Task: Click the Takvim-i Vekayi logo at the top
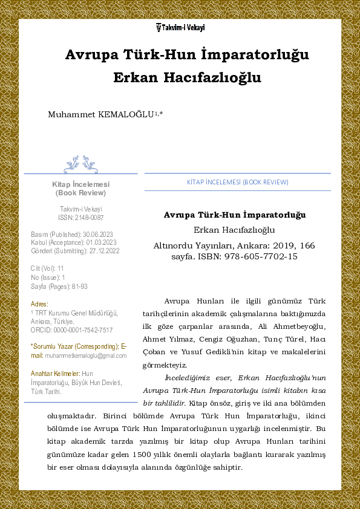click(x=180, y=27)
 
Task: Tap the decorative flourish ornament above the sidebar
click(x=80, y=164)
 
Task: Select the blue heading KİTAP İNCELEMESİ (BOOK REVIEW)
click(x=237, y=182)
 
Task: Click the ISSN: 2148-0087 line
click(x=80, y=217)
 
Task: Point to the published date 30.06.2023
click(x=97, y=234)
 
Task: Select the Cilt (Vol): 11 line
click(x=47, y=268)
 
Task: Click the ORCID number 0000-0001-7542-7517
click(x=83, y=330)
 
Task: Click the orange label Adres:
click(x=39, y=303)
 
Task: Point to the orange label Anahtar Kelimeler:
click(x=55, y=374)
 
